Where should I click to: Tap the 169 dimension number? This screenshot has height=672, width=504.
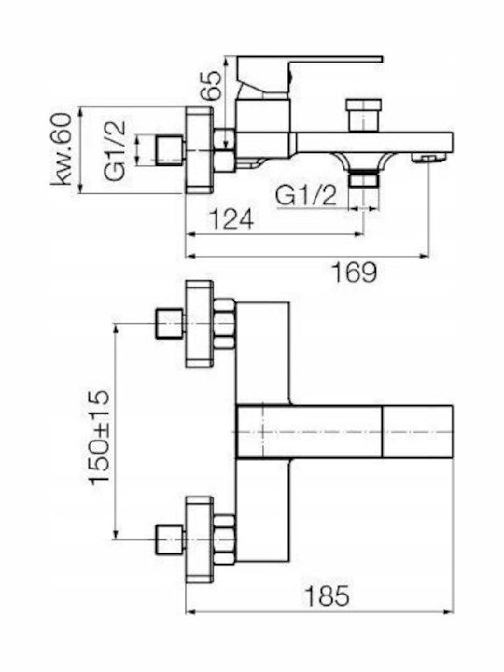[355, 272]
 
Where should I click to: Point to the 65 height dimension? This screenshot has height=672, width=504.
[212, 86]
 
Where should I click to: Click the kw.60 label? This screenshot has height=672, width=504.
[62, 148]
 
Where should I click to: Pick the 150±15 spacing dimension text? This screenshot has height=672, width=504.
[100, 437]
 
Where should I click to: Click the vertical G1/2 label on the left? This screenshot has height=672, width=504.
[116, 150]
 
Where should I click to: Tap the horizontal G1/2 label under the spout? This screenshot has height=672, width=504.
[306, 197]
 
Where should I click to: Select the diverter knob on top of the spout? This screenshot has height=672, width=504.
[363, 115]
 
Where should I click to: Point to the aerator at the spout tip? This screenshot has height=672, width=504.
[427, 159]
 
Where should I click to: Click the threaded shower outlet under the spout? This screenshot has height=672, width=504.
[364, 178]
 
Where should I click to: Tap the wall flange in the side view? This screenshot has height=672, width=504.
[199, 150]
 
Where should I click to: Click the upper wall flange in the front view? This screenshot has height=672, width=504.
[199, 324]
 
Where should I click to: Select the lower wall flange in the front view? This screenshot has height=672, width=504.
[199, 539]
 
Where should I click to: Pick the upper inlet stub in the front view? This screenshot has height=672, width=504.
[171, 324]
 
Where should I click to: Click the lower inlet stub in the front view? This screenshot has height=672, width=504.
[171, 539]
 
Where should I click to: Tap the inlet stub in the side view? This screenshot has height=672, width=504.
[169, 150]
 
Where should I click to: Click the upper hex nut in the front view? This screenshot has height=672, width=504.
[224, 324]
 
